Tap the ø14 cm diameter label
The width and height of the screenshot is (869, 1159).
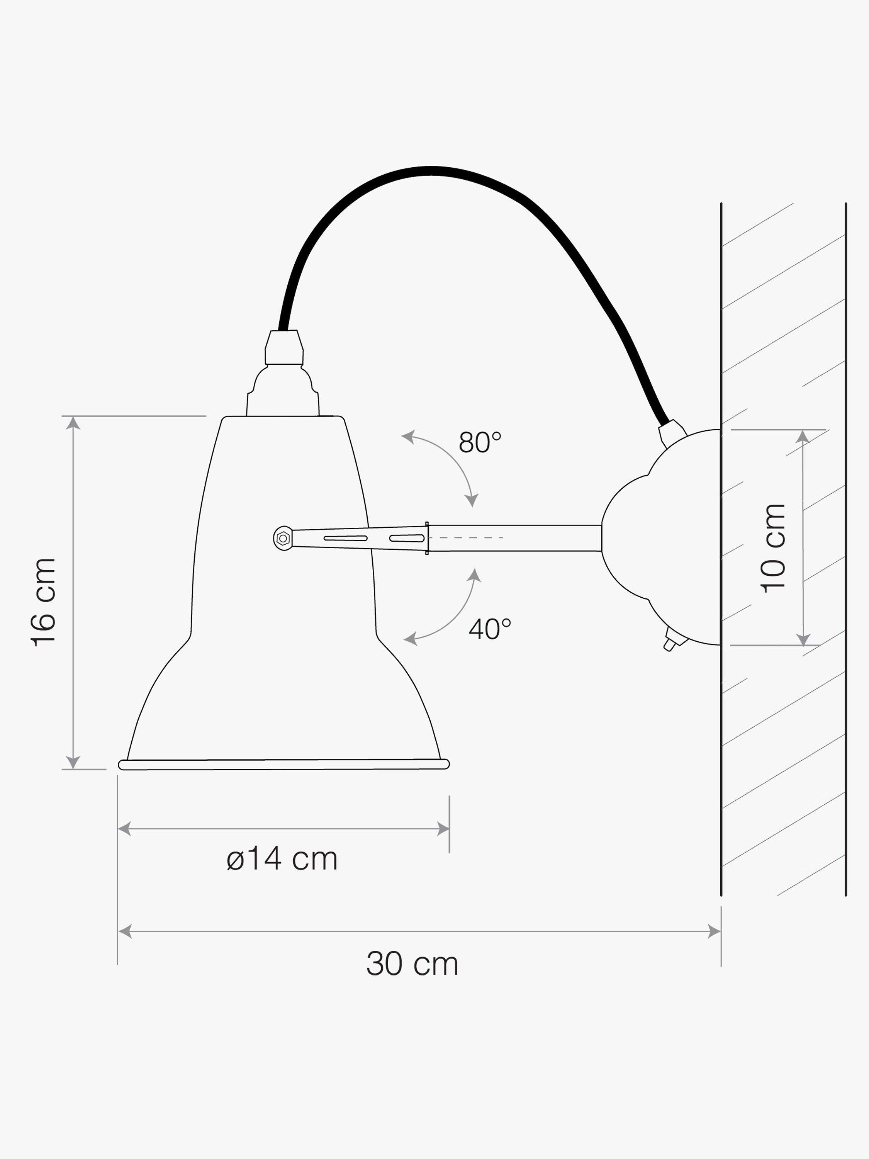point(282,859)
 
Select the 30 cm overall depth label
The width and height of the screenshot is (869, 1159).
point(412,963)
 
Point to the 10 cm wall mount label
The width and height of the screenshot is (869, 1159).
point(774,548)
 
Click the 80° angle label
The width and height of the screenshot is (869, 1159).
point(480,442)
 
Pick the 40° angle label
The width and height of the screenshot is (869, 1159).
point(490,629)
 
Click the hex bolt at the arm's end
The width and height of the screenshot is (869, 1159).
point(283,538)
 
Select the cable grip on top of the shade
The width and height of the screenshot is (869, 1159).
point(284,347)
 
